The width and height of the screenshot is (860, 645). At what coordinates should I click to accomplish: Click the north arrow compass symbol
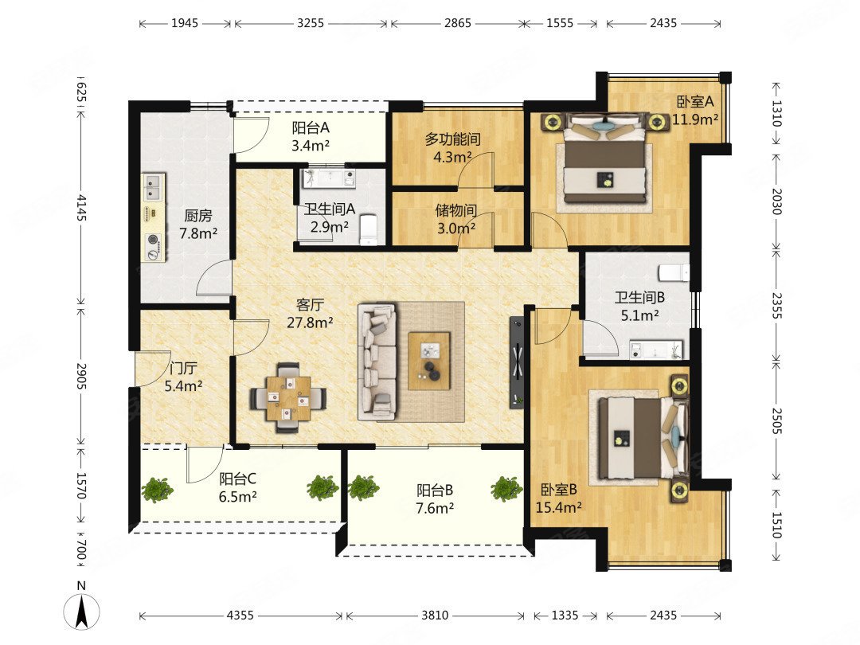pos(82,610)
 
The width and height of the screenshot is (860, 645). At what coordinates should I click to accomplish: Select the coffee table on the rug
pos(429,361)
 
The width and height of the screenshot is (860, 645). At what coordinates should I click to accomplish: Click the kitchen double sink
pos(154,187)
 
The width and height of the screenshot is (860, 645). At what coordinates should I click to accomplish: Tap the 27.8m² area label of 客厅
pos(310,322)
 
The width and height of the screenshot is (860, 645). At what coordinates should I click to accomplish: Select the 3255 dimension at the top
pos(311,23)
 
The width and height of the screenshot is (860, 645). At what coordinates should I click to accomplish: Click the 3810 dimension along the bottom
pos(435,616)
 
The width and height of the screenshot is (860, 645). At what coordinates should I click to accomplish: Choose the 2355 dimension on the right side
pos(776,305)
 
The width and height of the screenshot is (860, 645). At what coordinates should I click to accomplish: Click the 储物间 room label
pos(455,210)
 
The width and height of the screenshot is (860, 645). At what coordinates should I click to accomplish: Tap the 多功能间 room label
pos(452,139)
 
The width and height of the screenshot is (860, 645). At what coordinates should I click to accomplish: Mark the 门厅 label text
pos(183,368)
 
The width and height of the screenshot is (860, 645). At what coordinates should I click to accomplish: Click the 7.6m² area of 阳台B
pos(435,508)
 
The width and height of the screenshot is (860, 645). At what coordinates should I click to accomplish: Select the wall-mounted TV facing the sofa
pos(518,362)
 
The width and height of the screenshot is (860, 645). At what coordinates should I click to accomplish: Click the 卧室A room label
pos(695,101)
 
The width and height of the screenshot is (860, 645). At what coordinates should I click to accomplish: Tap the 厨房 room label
pos(198,216)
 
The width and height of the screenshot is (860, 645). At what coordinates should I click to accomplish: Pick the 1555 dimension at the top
pos(560,23)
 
